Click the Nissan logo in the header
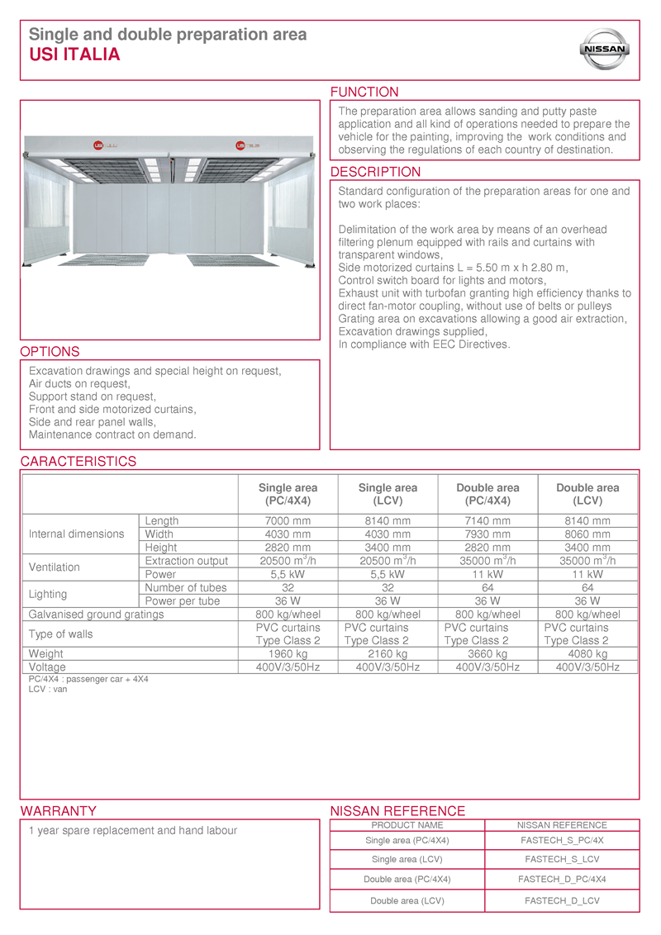(606, 50)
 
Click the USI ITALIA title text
(74, 55)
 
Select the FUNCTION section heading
(364, 92)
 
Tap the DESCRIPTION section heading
(375, 172)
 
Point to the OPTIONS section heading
(50, 352)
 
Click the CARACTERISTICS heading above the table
(78, 462)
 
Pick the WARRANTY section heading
(58, 811)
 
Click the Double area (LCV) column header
(587, 494)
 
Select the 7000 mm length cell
(288, 521)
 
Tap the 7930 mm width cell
(487, 534)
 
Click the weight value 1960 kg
(288, 654)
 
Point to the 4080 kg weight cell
(587, 654)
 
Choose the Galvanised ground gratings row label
(97, 615)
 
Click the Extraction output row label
(187, 561)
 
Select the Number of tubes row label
(186, 587)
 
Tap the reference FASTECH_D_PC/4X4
(562, 879)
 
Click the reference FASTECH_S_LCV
(562, 860)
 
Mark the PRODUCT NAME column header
(407, 825)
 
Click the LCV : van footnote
(48, 689)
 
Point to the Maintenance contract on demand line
(112, 434)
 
